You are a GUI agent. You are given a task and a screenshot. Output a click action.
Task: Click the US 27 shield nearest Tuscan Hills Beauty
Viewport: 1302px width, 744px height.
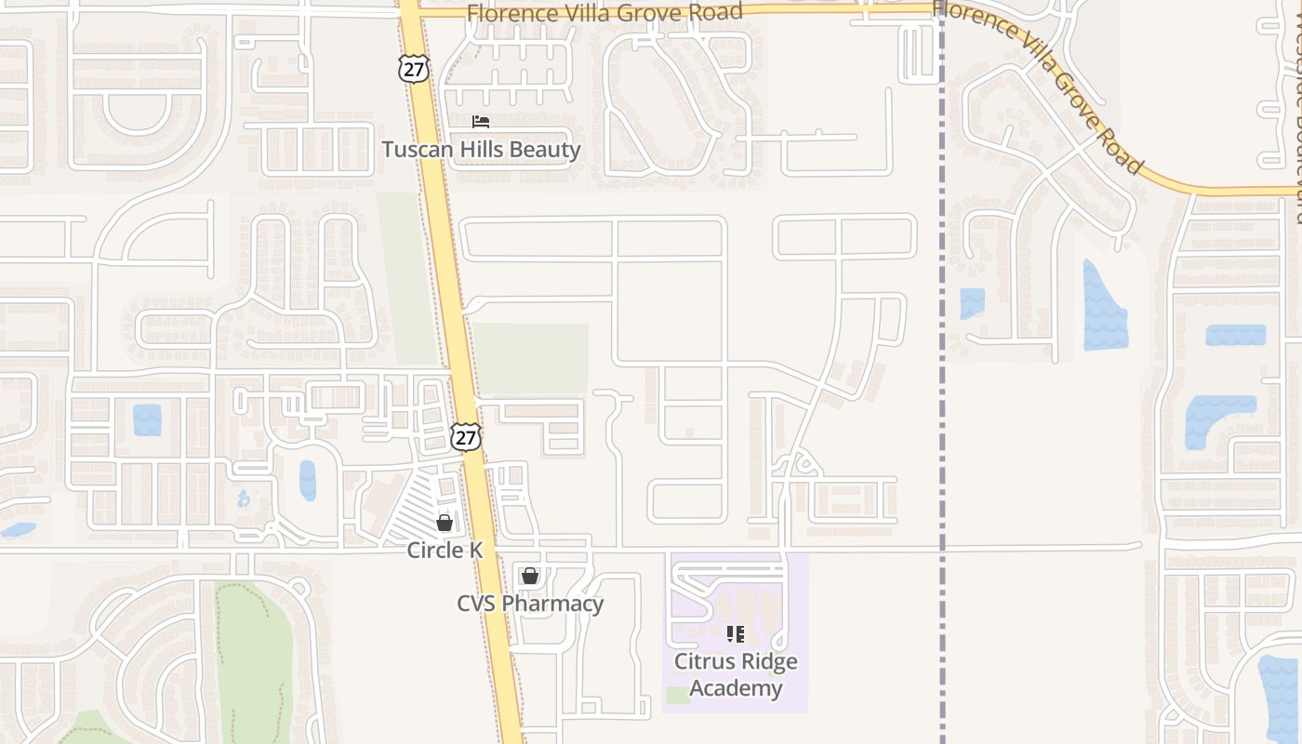click(x=414, y=68)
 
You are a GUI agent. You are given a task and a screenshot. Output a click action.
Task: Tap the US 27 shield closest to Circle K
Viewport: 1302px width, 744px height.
click(x=466, y=437)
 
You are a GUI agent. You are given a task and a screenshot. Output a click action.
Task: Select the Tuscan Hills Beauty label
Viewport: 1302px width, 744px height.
click(x=481, y=150)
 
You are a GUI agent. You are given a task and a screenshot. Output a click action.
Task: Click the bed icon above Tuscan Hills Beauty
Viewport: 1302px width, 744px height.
click(x=481, y=122)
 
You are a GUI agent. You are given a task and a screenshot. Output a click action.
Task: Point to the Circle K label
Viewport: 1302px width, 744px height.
click(x=445, y=551)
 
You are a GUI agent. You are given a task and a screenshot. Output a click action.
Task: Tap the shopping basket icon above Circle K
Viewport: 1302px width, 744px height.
click(x=445, y=523)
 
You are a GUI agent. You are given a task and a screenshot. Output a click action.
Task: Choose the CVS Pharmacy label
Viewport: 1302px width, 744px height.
click(x=530, y=604)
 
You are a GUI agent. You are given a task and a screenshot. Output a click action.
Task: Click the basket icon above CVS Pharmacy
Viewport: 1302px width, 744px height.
click(x=530, y=577)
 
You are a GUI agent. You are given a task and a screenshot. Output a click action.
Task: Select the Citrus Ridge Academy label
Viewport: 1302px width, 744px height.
click(x=736, y=675)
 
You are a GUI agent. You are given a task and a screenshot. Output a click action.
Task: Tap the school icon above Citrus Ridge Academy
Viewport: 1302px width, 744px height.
click(x=736, y=634)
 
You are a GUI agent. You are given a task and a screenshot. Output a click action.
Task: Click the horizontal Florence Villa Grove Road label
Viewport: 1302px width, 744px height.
click(x=604, y=12)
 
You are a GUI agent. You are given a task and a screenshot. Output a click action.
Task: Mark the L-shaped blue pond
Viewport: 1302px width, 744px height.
click(x=1214, y=418)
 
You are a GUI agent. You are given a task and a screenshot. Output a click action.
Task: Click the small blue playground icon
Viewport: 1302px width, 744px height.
click(x=244, y=498)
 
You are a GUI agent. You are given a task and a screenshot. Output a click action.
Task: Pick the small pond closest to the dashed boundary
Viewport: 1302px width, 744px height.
click(x=972, y=303)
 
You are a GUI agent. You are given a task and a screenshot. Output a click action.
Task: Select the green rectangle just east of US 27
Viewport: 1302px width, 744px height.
click(x=532, y=359)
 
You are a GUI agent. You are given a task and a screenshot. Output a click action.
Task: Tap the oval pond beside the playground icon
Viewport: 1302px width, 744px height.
click(x=307, y=481)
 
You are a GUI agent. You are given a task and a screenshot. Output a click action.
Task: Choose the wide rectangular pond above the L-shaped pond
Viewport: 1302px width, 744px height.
click(x=1236, y=335)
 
